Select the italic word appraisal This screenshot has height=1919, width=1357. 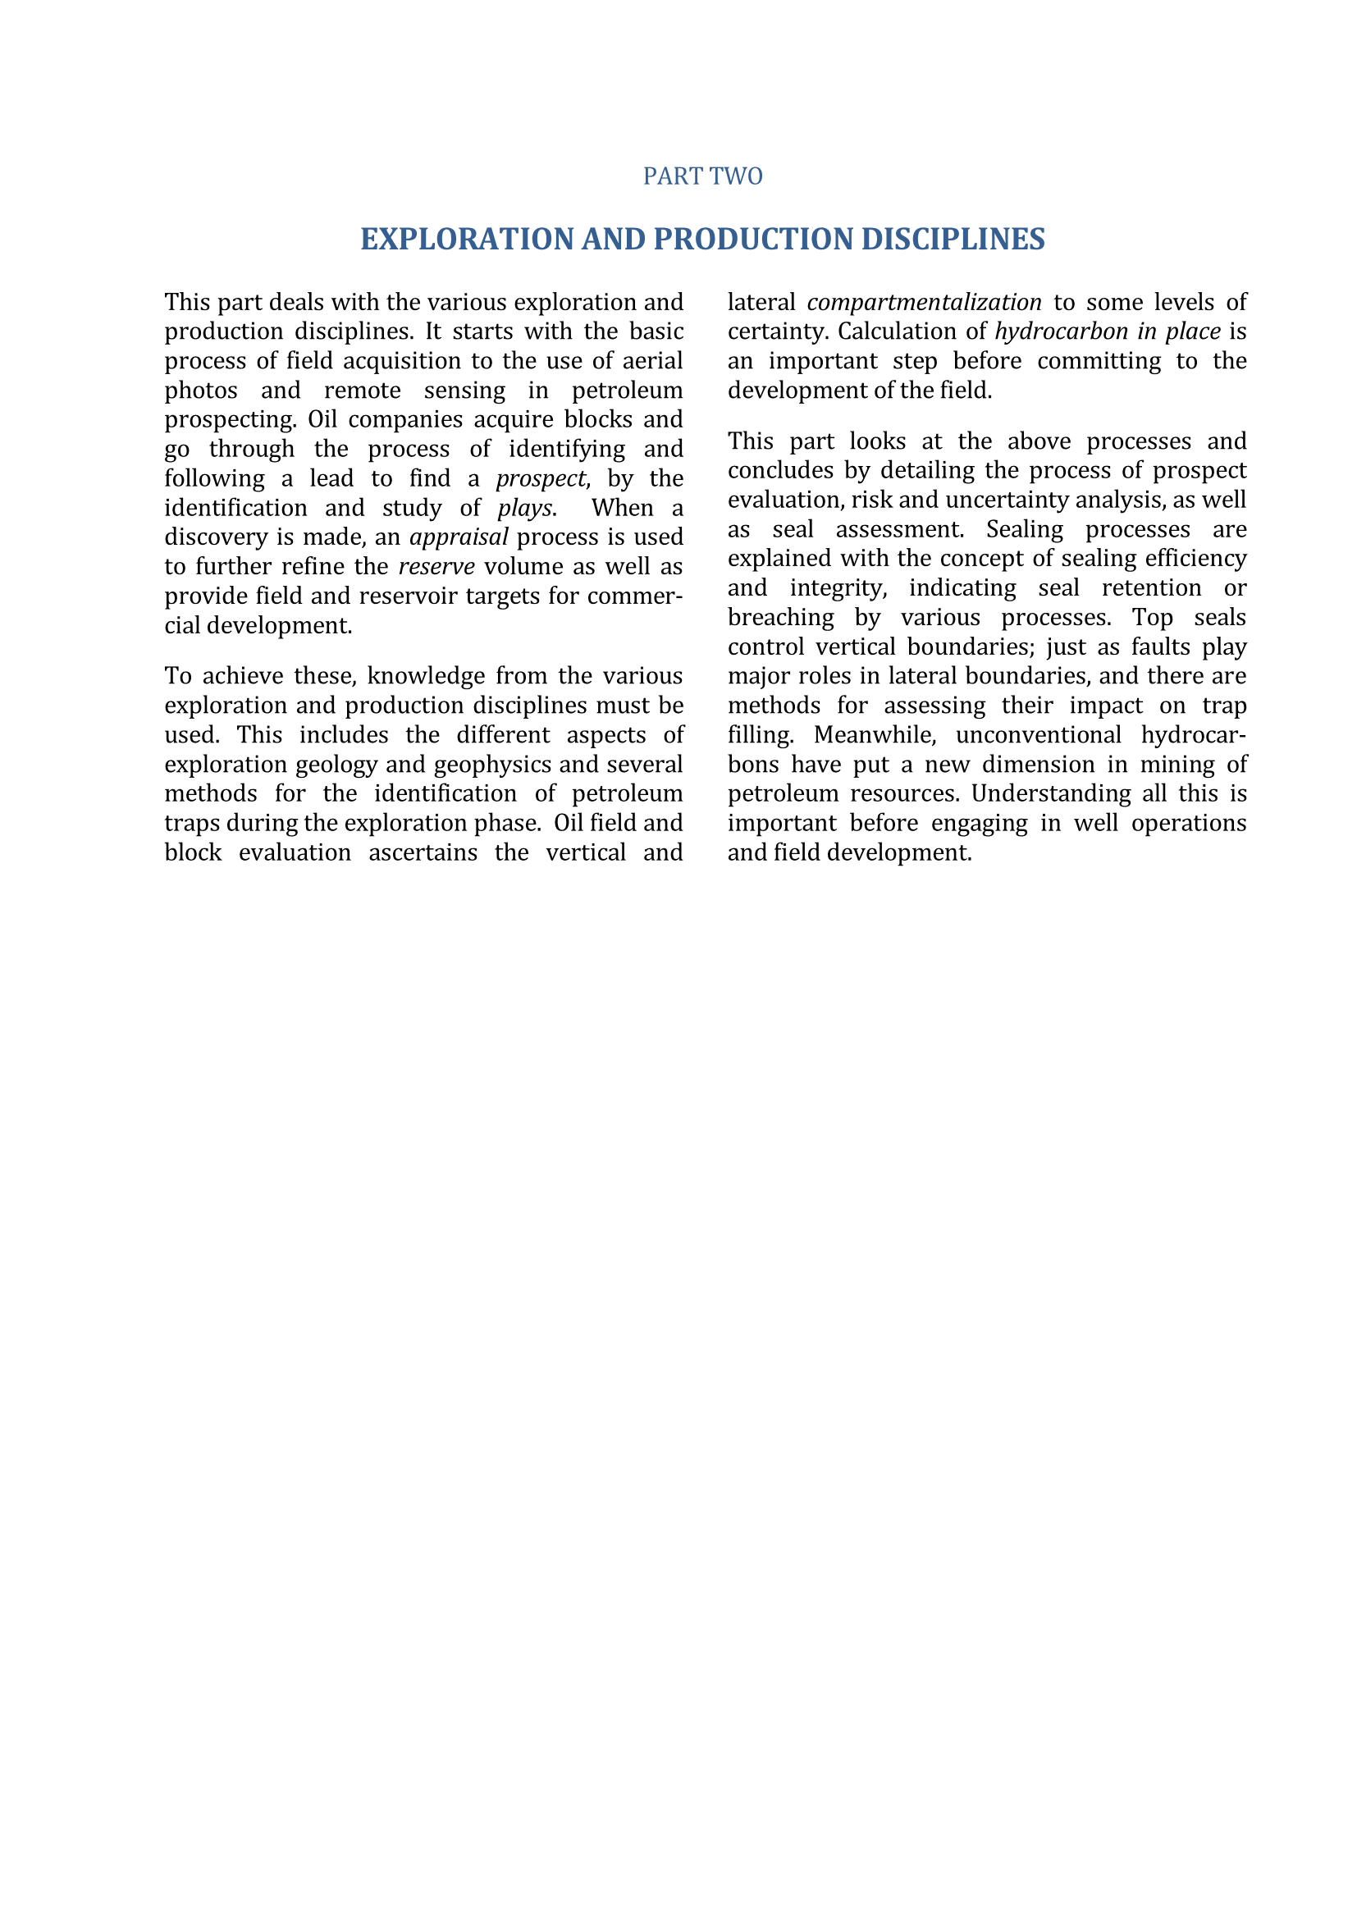[x=459, y=537]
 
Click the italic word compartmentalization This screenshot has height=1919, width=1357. [x=924, y=302]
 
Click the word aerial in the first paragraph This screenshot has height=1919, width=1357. [x=652, y=360]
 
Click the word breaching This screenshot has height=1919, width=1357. [x=780, y=617]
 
